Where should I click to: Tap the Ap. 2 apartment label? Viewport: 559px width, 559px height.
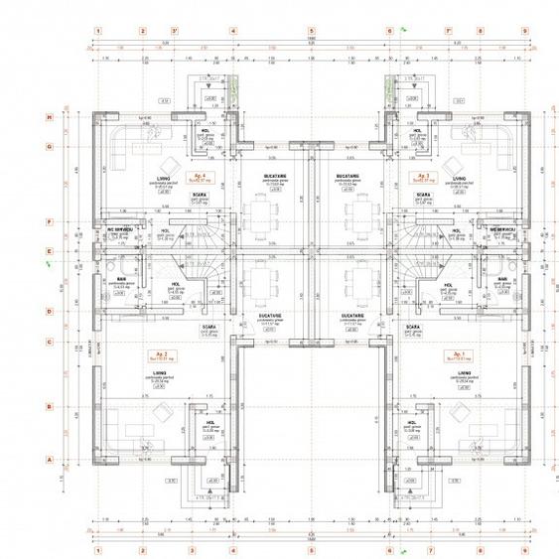tap(156, 353)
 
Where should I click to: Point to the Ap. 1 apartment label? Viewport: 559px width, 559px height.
tap(459, 353)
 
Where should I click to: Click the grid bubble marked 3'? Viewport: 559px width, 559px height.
tap(175, 31)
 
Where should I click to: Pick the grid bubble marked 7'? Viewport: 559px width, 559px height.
tap(450, 31)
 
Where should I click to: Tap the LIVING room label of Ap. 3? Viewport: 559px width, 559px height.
tap(459, 180)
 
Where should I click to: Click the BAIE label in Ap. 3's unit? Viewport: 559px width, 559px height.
tap(496, 280)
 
